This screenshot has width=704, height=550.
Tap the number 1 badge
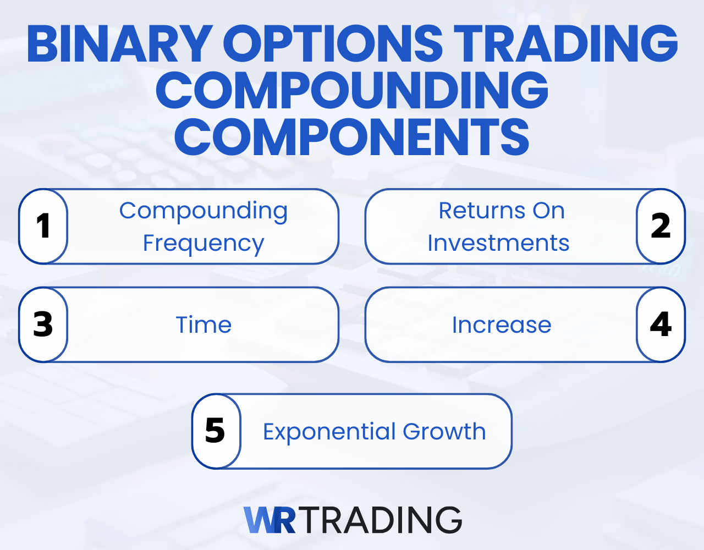[x=43, y=226]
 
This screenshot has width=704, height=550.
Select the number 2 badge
[x=661, y=226]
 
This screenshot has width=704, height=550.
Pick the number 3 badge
[x=43, y=324]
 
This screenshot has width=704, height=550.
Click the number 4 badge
[x=661, y=324]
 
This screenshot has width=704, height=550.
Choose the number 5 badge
[x=216, y=431]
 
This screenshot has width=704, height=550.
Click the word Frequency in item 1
[x=204, y=243]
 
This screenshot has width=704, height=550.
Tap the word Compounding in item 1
[x=204, y=211]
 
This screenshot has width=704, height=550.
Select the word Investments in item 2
[x=498, y=243]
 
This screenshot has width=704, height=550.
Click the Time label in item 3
[x=204, y=324]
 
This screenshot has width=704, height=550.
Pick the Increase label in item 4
[x=502, y=324]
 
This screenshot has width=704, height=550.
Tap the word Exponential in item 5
[x=329, y=431]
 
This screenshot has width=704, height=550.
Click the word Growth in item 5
[x=444, y=431]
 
